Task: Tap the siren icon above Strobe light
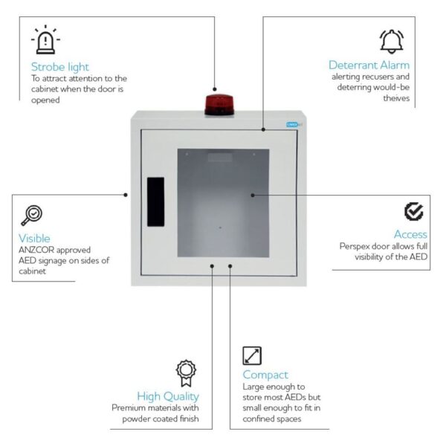[45, 40]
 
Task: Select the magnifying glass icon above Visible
[31, 215]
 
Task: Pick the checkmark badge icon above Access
[414, 211]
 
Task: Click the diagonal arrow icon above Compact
[253, 355]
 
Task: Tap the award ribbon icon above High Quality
[185, 370]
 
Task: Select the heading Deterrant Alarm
[369, 65]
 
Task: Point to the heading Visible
[34, 238]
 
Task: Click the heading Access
[410, 235]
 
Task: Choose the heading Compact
[265, 375]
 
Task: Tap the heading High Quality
[168, 395]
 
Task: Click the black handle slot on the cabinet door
[155, 201]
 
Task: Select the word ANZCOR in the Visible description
[36, 251]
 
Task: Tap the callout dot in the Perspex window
[253, 195]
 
